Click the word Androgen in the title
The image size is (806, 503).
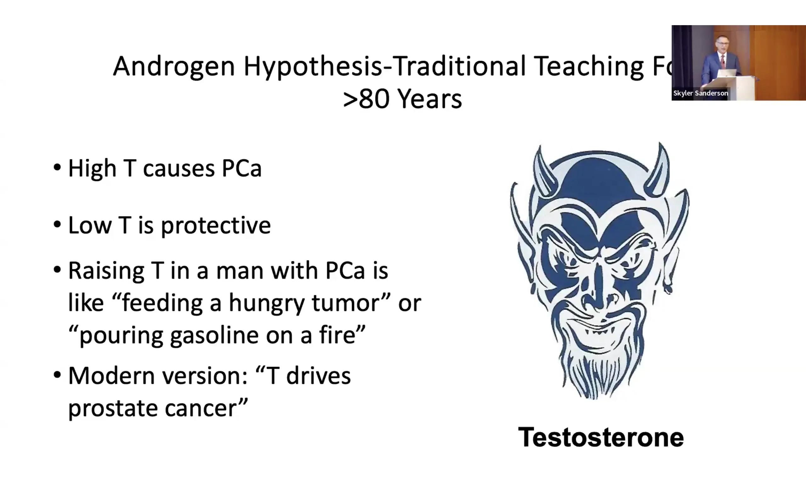pos(174,67)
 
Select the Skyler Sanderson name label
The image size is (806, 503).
pos(701,93)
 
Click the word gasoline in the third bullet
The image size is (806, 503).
pos(214,335)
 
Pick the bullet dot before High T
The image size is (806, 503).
pos(57,167)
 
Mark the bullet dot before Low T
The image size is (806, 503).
pos(57,224)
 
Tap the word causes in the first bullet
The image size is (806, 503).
pos(179,169)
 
